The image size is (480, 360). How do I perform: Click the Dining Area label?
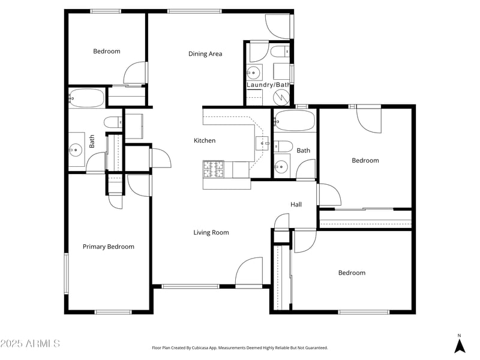click(x=205, y=54)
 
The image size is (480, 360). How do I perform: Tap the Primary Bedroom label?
click(x=108, y=247)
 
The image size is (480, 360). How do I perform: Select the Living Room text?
click(x=211, y=233)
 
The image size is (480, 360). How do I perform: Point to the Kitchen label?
click(x=204, y=141)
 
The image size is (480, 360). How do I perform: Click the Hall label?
click(x=296, y=205)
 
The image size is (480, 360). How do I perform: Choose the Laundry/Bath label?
click(x=268, y=85)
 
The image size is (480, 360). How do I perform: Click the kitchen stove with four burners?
click(x=213, y=170)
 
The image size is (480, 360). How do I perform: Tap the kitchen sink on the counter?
click(x=263, y=143)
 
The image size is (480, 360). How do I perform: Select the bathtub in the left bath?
click(x=88, y=97)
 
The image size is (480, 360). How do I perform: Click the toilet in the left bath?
click(x=112, y=122)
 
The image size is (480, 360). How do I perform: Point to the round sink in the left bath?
click(x=76, y=149)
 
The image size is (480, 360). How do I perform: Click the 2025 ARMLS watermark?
click(x=30, y=344)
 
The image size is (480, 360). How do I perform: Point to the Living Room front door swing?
click(x=250, y=272)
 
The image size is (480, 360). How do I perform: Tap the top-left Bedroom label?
click(x=106, y=52)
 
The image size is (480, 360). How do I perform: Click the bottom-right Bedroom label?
click(x=352, y=273)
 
